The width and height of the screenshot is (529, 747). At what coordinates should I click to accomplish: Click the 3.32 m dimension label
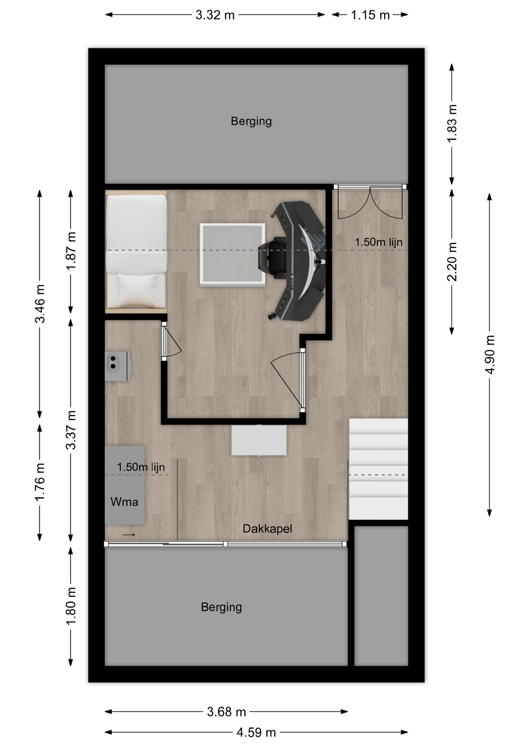point(215,15)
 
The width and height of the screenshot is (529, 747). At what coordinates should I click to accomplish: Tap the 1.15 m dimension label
point(370,15)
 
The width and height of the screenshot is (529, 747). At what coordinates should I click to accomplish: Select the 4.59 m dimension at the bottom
point(256,733)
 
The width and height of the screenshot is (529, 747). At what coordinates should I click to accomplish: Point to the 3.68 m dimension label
point(226,712)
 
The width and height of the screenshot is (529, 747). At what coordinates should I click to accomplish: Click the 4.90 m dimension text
point(490,354)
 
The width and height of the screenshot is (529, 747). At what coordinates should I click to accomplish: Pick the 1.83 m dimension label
point(452,123)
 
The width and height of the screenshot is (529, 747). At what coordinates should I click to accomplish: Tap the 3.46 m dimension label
point(40,304)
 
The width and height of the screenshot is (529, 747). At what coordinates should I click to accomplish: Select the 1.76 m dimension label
point(40,482)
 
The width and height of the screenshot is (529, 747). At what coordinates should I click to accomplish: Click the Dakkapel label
point(267,528)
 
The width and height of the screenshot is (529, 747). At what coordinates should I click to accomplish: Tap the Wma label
point(124,502)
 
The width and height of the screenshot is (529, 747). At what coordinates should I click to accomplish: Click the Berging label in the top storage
point(251,121)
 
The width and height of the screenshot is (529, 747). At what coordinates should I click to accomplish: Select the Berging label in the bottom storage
point(221,607)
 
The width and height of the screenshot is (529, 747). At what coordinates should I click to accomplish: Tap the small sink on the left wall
point(117,366)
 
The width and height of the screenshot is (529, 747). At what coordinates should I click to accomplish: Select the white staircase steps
point(378,469)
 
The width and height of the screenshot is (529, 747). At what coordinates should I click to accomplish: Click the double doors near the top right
point(370,202)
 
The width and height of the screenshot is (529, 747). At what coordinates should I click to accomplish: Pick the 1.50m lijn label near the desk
point(379,242)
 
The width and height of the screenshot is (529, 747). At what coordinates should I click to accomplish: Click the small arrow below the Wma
point(129,535)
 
